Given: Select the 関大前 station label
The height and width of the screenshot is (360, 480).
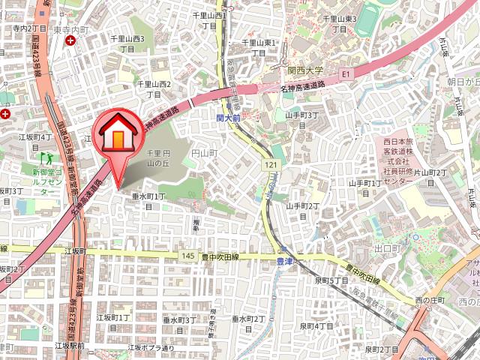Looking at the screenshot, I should [228, 118].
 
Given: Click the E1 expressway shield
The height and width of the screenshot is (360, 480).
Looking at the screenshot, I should [346, 74].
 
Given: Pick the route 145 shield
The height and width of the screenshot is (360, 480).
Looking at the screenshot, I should [188, 256].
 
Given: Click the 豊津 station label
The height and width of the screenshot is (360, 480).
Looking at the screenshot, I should [284, 262].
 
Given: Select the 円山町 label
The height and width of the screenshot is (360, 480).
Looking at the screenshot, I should [203, 152].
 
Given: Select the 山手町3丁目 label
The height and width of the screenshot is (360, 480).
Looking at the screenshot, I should [301, 120].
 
